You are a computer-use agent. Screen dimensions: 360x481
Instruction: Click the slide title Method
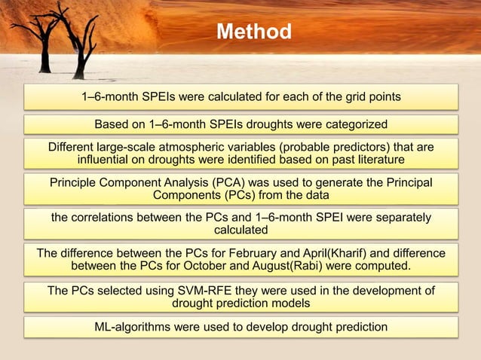click(253, 32)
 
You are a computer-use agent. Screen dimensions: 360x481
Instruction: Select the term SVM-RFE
click(198, 290)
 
